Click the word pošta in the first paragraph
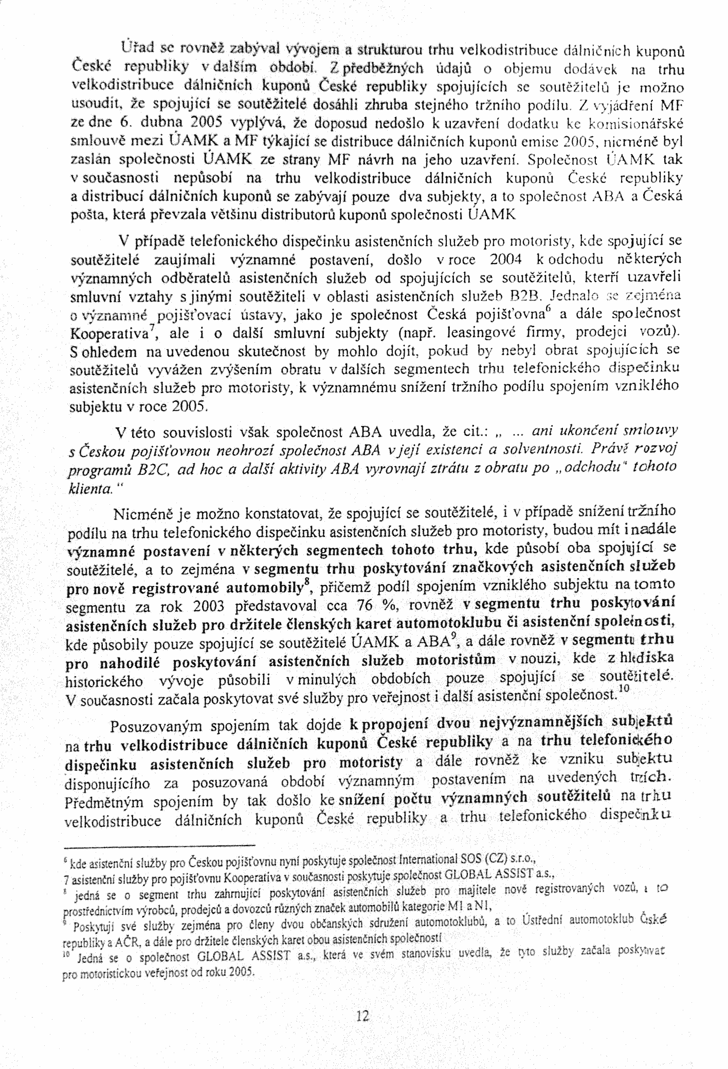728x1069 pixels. tap(84, 216)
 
